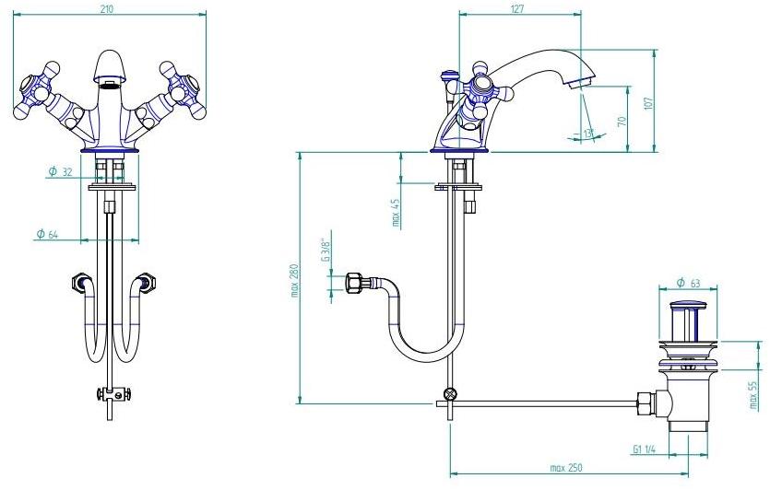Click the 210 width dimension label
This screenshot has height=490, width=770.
[x=107, y=8]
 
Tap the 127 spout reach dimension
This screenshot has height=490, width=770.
[x=517, y=8]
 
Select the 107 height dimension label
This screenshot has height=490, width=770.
[x=648, y=103]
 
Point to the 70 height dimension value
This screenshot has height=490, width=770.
[x=621, y=121]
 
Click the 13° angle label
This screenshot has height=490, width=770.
[x=588, y=134]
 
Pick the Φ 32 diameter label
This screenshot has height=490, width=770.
[x=61, y=171]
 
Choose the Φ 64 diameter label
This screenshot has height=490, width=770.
[x=47, y=235]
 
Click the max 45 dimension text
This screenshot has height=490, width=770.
[x=396, y=213]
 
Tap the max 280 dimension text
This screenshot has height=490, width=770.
[x=295, y=281]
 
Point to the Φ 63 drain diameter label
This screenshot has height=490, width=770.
[x=688, y=283]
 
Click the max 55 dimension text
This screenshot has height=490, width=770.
[x=753, y=396]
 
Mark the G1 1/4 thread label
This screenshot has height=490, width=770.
[x=645, y=449]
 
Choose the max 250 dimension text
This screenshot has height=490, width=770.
[x=565, y=468]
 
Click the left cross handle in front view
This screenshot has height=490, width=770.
[x=36, y=90]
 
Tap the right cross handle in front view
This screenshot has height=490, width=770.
[x=184, y=90]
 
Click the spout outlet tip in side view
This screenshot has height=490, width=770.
[x=578, y=84]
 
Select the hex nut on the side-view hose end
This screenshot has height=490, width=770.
[x=353, y=284]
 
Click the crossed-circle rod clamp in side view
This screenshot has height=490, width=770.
[x=450, y=394]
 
